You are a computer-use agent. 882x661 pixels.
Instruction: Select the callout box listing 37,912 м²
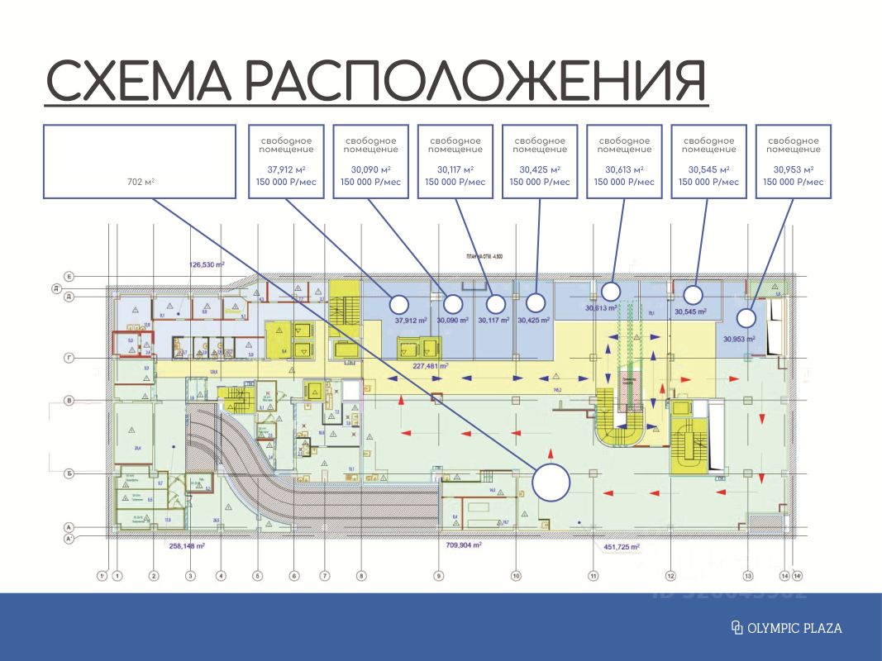tap(286, 161)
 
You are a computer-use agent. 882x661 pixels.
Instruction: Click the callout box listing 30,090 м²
tap(370, 161)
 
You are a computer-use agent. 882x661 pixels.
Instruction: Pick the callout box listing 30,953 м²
tap(794, 161)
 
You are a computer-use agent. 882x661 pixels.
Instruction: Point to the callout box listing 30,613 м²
tap(624, 161)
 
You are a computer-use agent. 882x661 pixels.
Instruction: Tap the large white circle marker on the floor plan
tap(551, 483)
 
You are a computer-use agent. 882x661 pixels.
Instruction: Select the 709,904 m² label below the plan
tap(463, 546)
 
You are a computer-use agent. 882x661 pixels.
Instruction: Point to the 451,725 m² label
tap(618, 546)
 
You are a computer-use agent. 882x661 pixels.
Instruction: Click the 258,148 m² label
tap(187, 546)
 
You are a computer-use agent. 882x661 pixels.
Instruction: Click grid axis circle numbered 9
tap(439, 576)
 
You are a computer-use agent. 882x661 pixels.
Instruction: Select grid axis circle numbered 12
tap(671, 576)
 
